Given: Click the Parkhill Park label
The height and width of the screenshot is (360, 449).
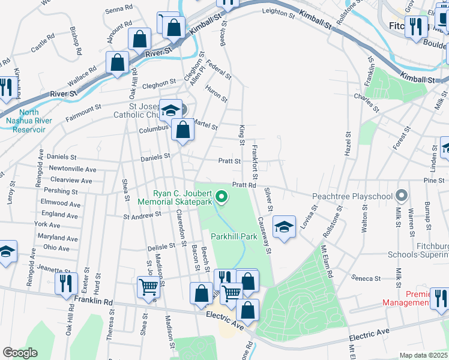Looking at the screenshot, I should pos(234,236).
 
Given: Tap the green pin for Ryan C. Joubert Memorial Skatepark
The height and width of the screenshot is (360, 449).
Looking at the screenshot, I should pos(221,196).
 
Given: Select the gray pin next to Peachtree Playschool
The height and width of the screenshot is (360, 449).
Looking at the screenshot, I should pos(402,196).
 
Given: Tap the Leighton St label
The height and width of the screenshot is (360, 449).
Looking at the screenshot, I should pos(279,11).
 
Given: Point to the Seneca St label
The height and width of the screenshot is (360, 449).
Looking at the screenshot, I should pos(369,278).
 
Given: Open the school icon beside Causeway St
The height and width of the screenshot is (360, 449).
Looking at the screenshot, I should pos(285,227).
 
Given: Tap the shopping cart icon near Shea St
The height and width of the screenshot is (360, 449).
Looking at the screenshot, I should pos(148,287).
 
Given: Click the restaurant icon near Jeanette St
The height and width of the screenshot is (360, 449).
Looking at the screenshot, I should pos(66,283).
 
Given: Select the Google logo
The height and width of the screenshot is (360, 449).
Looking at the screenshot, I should pos(20,353).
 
